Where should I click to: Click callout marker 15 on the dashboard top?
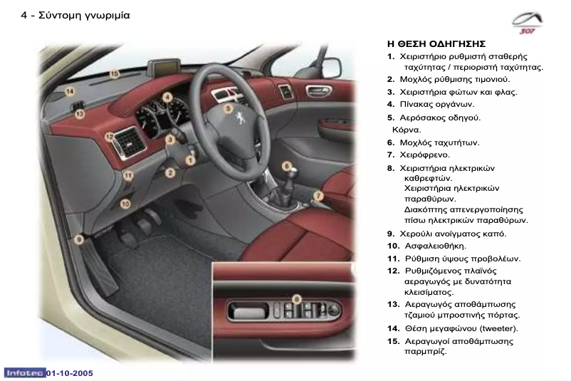[x=115, y=74]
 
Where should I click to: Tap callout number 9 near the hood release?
[x=78, y=240]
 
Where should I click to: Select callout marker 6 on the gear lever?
[x=287, y=166]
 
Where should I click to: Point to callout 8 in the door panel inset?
[x=297, y=299]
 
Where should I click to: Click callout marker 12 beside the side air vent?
[x=109, y=137]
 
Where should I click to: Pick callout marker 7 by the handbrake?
[x=318, y=196]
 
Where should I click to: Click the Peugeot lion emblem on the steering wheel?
[x=240, y=118]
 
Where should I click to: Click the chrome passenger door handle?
[x=319, y=90]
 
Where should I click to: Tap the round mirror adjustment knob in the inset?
[x=334, y=310]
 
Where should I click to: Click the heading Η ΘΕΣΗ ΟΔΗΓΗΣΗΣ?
[x=436, y=44]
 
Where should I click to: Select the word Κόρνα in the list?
[x=407, y=130]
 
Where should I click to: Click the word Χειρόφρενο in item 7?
[x=424, y=155]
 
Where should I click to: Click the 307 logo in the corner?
[x=528, y=23]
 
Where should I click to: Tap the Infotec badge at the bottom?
[x=25, y=373]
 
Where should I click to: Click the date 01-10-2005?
[x=70, y=373]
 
